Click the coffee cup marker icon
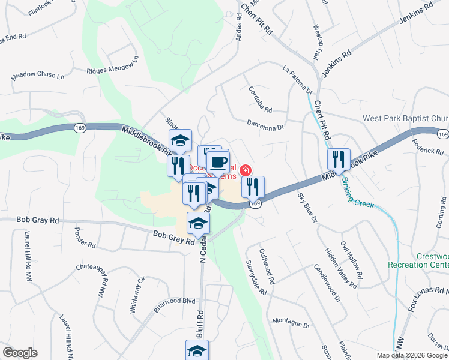coord(219,163)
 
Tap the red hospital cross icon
coord(245,171)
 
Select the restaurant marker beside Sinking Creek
coord(339,160)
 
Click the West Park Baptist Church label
coord(405,118)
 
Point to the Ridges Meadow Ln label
coord(112,65)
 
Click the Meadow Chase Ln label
coord(38,77)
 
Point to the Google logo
coord(20,353)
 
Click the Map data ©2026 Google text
coord(411,355)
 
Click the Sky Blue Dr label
coord(307,208)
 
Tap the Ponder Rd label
coord(85,238)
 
